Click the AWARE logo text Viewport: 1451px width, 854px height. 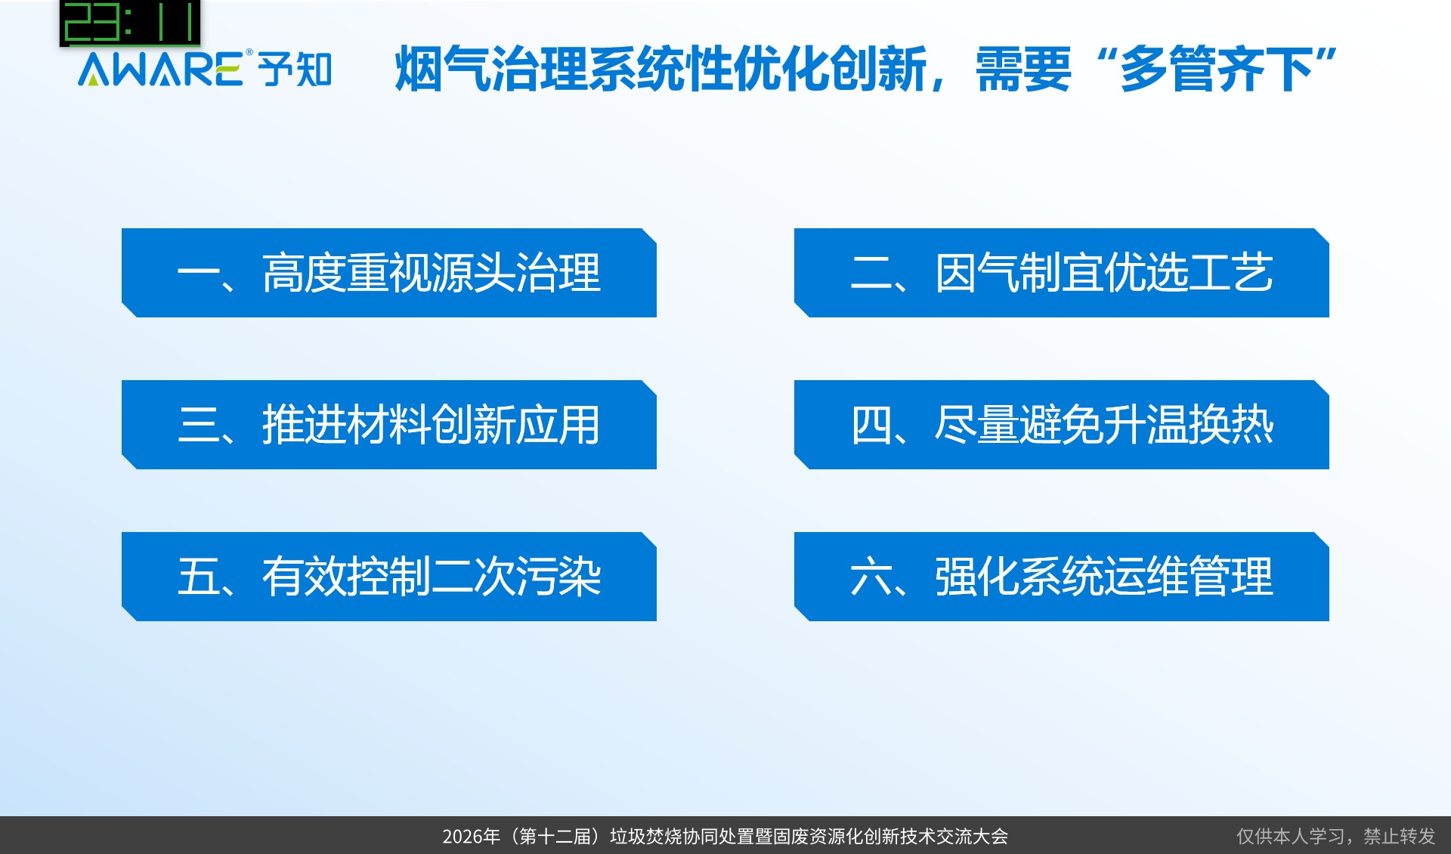pos(160,69)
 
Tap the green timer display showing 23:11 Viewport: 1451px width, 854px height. pos(130,23)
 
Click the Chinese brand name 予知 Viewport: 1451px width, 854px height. pos(295,70)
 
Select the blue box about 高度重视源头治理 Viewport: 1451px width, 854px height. pos(389,273)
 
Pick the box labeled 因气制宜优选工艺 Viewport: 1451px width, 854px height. pos(1062,273)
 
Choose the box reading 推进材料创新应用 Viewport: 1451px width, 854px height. pos(389,425)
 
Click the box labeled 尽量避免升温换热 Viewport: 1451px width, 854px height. pos(1062,425)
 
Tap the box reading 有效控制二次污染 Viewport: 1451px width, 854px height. pos(389,577)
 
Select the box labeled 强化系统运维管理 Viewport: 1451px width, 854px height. pos(1062,577)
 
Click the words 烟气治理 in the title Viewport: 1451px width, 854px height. pos(491,69)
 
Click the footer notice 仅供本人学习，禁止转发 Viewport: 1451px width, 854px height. pos(1335,837)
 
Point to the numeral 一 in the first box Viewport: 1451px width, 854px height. pos(198,274)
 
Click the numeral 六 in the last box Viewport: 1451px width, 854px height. pos(871,577)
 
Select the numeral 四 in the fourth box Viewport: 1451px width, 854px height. pos(871,425)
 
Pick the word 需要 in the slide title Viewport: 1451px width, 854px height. pos(1023,69)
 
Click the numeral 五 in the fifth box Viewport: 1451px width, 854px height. pos(198,577)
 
